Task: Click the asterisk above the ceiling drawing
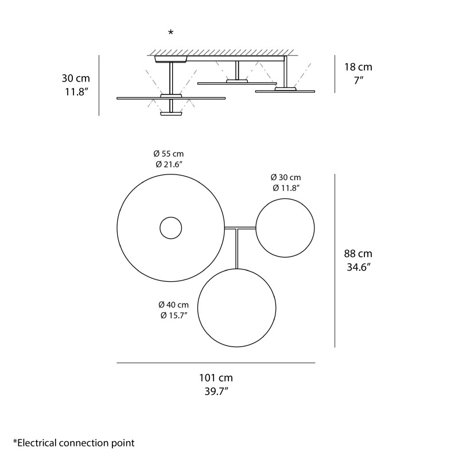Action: (x=170, y=33)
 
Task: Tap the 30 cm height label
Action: (x=76, y=78)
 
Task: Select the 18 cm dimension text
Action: (x=358, y=67)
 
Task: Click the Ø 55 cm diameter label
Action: (x=169, y=154)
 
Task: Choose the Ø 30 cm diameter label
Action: (x=286, y=177)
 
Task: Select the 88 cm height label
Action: (x=358, y=254)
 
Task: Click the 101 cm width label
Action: (x=216, y=378)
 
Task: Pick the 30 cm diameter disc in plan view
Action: (x=285, y=228)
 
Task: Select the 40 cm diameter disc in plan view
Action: (x=236, y=308)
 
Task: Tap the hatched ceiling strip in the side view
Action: (x=224, y=52)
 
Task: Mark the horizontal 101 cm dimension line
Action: (x=216, y=363)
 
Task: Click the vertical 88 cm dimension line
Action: (x=334, y=261)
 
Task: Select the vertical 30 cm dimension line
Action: (x=99, y=85)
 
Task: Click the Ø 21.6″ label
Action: (x=169, y=165)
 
